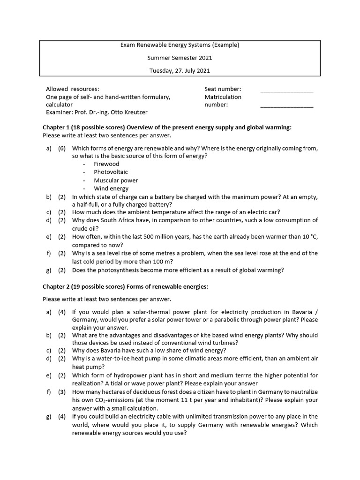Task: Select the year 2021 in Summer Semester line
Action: point(205,58)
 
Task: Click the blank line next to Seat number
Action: point(286,91)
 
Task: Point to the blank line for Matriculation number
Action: point(286,107)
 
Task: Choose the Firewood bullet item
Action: point(106,164)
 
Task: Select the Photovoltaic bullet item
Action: point(111,172)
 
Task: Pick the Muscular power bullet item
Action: point(116,180)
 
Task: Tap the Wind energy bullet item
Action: point(111,188)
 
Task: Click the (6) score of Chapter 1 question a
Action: point(62,148)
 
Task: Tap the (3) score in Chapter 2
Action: point(62,392)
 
